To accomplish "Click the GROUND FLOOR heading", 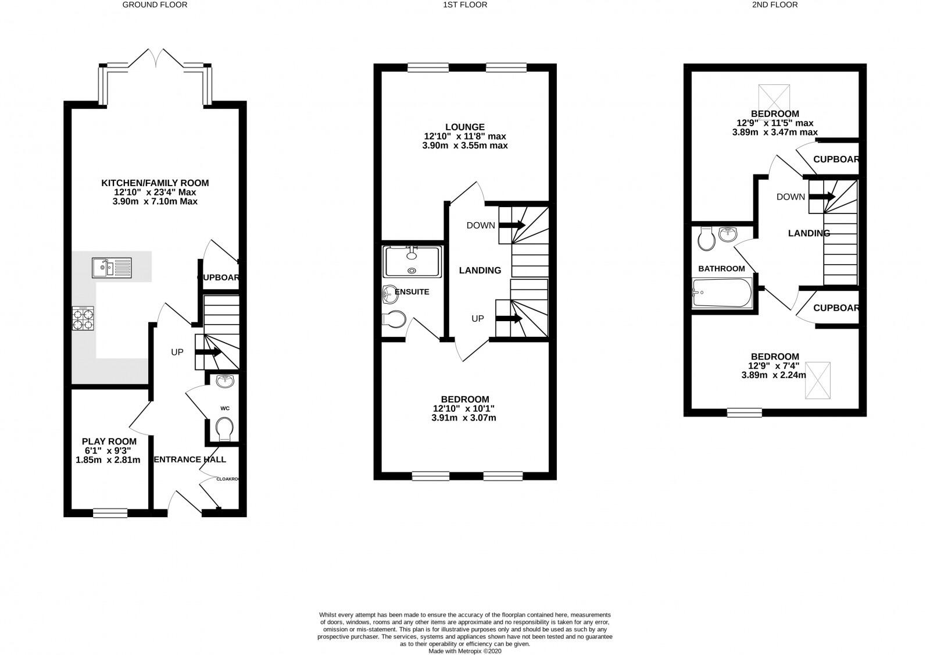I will [155, 5].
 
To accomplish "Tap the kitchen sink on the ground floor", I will [112, 268].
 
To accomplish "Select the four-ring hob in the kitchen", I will [83, 319].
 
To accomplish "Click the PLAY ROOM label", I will [109, 442].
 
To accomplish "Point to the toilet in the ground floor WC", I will [225, 432].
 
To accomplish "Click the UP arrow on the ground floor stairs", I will [208, 352].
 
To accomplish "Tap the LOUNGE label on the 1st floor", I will [465, 127].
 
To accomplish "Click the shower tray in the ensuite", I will [412, 261].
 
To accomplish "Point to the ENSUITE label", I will [412, 291].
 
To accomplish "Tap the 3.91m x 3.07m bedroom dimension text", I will [464, 418].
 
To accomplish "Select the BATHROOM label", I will [721, 269].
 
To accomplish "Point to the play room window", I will [110, 512].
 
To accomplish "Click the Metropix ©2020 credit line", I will [465, 652].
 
